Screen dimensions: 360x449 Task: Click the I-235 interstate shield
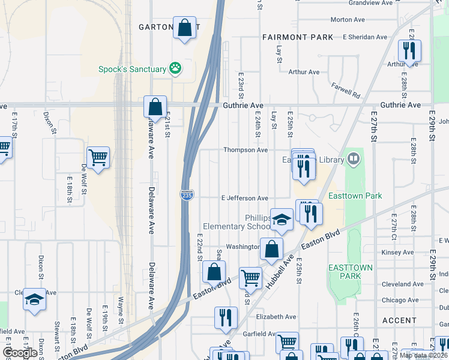pyautogui.click(x=186, y=196)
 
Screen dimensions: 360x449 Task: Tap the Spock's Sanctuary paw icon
pyautogui.click(x=175, y=68)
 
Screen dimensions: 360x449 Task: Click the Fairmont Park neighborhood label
pyautogui.click(x=298, y=37)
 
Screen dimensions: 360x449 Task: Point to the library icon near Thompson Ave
pyautogui.click(x=354, y=159)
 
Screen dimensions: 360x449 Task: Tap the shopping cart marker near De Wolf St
pyautogui.click(x=98, y=157)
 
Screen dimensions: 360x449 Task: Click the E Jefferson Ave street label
pyautogui.click(x=244, y=198)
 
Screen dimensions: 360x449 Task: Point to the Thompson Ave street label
pyautogui.click(x=246, y=150)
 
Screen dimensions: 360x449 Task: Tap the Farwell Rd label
pyautogui.click(x=345, y=91)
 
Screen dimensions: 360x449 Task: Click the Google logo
pyautogui.click(x=20, y=353)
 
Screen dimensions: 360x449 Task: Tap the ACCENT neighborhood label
pyautogui.click(x=399, y=321)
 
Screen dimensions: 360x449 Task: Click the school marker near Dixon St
pyautogui.click(x=34, y=299)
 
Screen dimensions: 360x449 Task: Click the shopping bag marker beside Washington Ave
pyautogui.click(x=271, y=248)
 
